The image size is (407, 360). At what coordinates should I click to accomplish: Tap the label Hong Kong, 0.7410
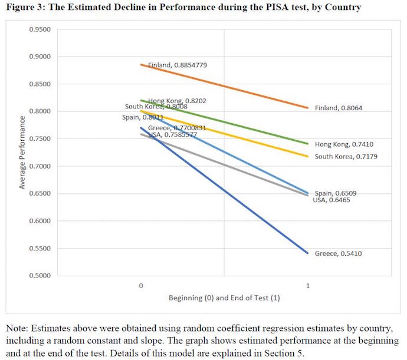pyautogui.click(x=344, y=144)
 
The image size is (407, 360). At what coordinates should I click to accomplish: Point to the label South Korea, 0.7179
pyautogui.click(x=346, y=156)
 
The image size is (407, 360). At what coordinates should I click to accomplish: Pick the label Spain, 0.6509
pyautogui.click(x=335, y=193)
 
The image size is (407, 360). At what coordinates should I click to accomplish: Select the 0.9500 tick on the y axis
pyautogui.click(x=40, y=29)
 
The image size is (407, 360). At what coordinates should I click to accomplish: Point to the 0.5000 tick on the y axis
pyautogui.click(x=40, y=276)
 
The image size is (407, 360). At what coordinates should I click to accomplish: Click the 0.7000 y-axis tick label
pyautogui.click(x=40, y=166)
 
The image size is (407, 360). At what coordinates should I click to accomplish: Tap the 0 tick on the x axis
pyautogui.click(x=140, y=286)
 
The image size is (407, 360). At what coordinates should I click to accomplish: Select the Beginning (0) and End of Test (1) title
pyautogui.click(x=224, y=298)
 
